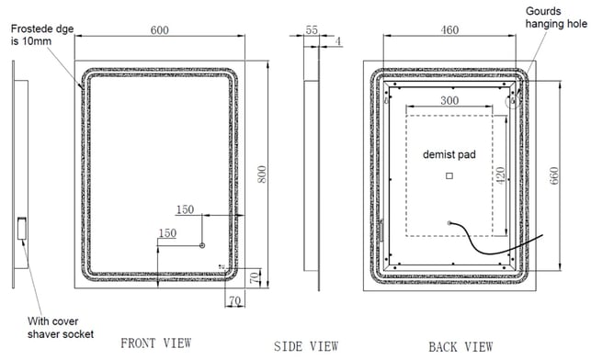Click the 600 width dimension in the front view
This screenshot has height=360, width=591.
click(x=159, y=30)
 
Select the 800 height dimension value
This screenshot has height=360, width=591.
click(x=262, y=174)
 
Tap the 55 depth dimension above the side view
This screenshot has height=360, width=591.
click(x=312, y=29)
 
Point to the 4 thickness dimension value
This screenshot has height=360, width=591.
click(x=338, y=41)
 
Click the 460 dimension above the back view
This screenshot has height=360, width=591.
click(x=449, y=29)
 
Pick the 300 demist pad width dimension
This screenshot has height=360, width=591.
click(x=449, y=100)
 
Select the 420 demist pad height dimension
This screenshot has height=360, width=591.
click(x=501, y=175)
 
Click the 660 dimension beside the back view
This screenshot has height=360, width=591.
click(x=553, y=175)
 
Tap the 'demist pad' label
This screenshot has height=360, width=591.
click(x=449, y=154)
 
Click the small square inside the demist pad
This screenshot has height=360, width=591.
click(x=449, y=175)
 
